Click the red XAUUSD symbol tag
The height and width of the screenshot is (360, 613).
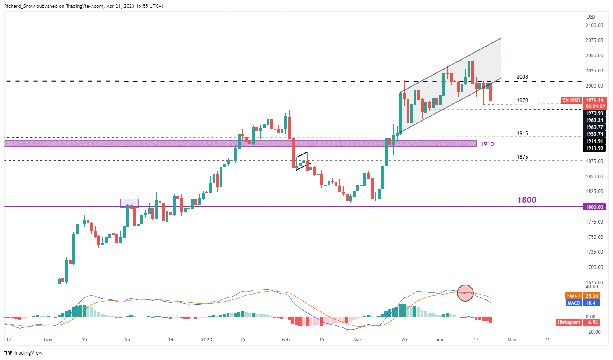[x=571, y=101]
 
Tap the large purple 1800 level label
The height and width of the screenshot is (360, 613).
[x=527, y=200]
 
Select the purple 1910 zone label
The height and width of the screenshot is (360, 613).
[x=487, y=144]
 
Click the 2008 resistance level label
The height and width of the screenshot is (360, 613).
[x=522, y=77]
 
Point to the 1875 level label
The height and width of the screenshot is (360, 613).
[x=522, y=157]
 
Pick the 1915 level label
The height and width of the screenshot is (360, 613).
[x=522, y=133]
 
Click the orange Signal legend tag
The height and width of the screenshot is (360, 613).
[x=573, y=296]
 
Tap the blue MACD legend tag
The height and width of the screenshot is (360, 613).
[x=573, y=303]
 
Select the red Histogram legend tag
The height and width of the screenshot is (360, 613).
[x=569, y=322]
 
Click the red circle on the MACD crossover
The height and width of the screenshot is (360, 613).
[x=466, y=293]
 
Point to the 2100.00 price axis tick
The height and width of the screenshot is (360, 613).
[x=594, y=26]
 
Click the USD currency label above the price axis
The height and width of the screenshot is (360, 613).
[x=591, y=17]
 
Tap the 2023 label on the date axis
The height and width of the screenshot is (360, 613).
[x=206, y=340]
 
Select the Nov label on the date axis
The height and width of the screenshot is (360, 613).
[x=48, y=340]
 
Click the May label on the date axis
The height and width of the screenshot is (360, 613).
[x=512, y=340]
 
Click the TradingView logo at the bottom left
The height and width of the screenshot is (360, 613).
[x=23, y=353]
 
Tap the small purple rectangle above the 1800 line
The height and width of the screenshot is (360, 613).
[x=129, y=203]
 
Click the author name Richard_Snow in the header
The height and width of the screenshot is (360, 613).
[x=20, y=6]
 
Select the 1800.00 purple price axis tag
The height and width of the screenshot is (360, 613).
[x=594, y=207]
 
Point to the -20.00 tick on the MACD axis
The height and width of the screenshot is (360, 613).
[x=593, y=332]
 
